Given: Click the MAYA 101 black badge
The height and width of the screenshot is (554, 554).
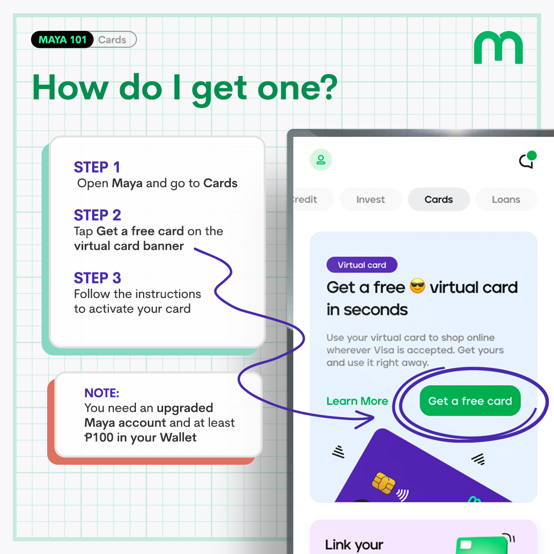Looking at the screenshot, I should (63, 39).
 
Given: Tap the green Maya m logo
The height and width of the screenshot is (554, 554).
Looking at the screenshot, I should (498, 48).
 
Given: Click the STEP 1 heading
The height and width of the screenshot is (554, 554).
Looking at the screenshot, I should (97, 167).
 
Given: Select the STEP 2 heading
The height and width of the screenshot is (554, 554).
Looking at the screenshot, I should (97, 215).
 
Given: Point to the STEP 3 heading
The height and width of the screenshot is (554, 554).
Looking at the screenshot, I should (97, 278).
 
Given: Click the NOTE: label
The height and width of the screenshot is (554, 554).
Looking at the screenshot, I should (102, 393).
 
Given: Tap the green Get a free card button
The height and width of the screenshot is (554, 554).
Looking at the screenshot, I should (470, 401).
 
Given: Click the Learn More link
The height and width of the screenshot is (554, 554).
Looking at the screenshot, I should (357, 401).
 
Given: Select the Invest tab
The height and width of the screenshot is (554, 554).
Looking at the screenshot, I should (370, 200).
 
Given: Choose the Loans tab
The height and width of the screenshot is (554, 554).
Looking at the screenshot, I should (506, 200).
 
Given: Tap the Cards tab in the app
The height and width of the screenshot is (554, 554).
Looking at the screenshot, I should (439, 200).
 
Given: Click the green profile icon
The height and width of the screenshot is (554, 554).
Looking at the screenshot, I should (321, 160).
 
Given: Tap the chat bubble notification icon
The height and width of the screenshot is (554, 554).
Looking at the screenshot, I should (527, 161).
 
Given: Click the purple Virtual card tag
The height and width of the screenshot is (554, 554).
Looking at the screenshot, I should (362, 265).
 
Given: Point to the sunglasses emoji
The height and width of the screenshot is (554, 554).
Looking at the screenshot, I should (418, 287).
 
